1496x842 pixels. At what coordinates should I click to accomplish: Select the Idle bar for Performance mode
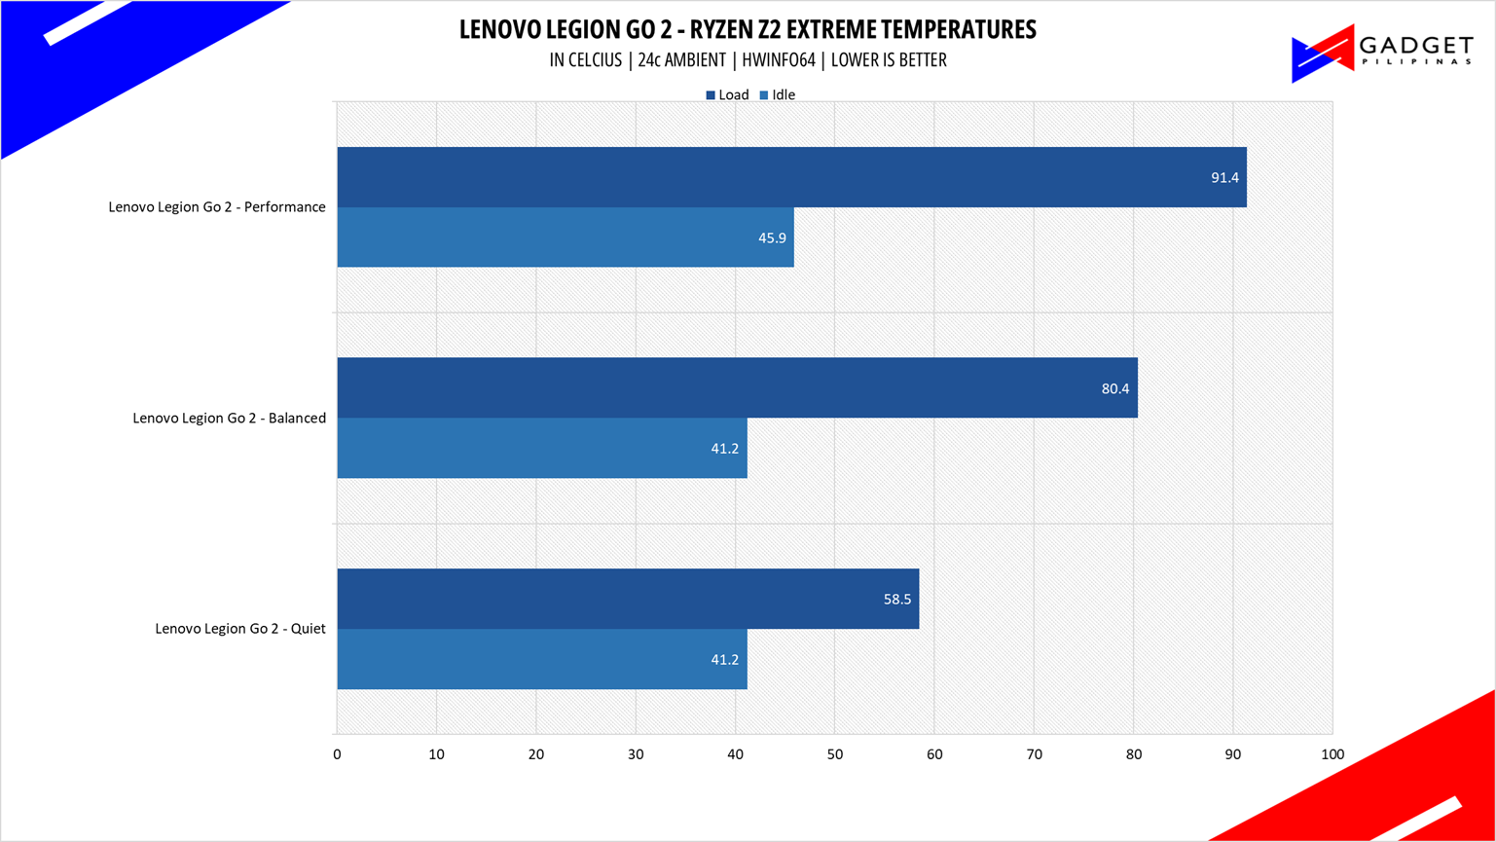point(565,238)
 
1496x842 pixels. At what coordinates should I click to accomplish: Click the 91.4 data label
point(1224,178)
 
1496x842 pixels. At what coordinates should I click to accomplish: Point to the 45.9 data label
point(772,238)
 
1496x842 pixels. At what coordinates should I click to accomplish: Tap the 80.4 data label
point(1115,388)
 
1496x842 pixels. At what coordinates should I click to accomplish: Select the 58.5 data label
point(897,599)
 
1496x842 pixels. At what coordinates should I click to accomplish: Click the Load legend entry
point(727,95)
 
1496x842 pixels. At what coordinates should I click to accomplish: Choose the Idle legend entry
point(778,95)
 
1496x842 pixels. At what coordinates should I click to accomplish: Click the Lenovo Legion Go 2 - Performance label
point(217,207)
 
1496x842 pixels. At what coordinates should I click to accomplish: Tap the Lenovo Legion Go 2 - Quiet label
point(240,629)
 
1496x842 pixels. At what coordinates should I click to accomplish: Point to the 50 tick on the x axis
point(834,754)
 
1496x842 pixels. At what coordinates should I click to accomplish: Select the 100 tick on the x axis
point(1332,754)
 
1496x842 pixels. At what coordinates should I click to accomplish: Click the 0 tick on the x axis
point(337,754)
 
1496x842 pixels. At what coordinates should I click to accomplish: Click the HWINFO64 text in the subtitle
point(778,60)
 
